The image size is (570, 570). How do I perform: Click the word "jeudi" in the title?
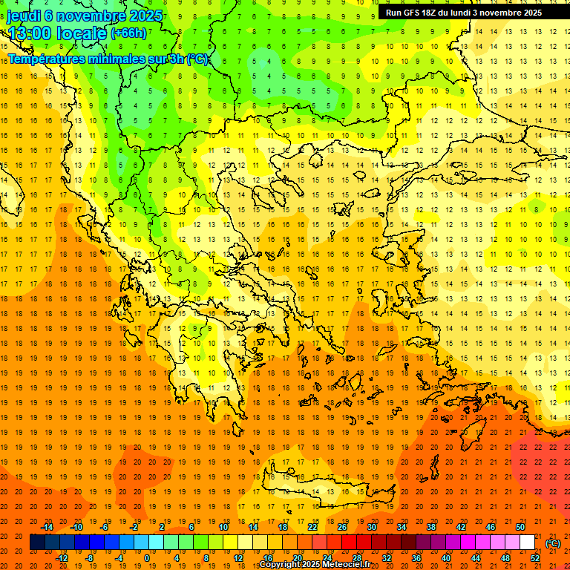pyautogui.click(x=25, y=15)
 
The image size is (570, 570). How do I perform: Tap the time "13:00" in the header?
pyautogui.click(x=30, y=34)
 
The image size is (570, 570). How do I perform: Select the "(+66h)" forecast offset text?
pyautogui.click(x=128, y=33)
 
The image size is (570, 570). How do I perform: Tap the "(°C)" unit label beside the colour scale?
pyautogui.click(x=553, y=543)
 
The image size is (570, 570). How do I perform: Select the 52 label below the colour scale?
pyautogui.click(x=535, y=558)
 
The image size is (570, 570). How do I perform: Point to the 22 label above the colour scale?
pyautogui.click(x=312, y=527)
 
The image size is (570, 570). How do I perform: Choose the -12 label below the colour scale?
pyautogui.click(x=62, y=558)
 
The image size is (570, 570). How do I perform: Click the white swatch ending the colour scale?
pyautogui.click(x=528, y=543)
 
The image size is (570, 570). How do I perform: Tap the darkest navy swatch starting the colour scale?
pyautogui.click(x=37, y=543)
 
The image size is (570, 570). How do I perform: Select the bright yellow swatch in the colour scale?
pyautogui.click(x=231, y=543)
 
